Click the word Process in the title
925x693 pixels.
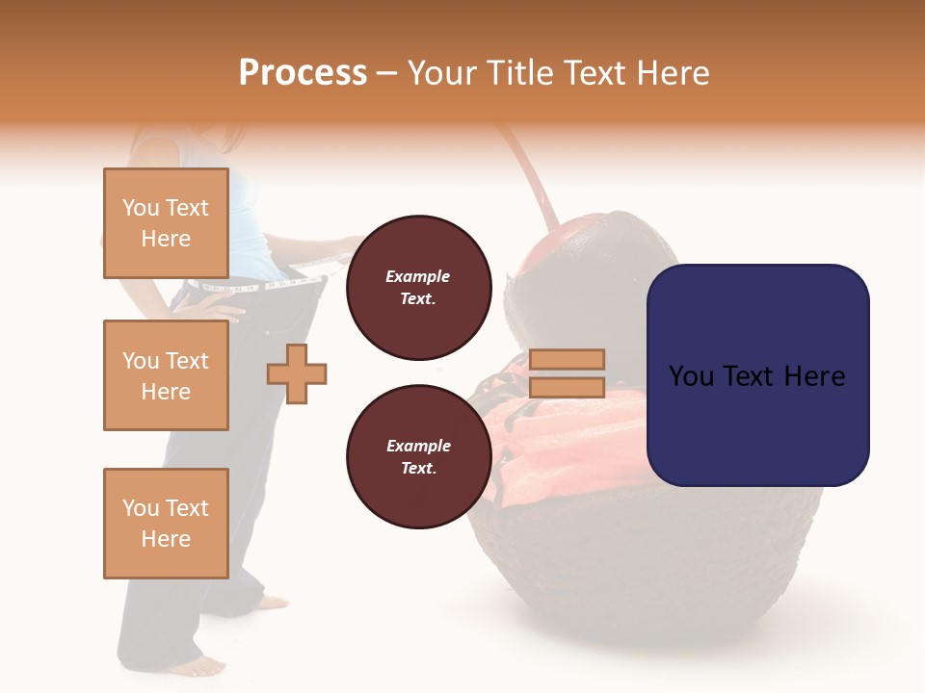(303, 73)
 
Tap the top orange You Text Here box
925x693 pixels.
(166, 223)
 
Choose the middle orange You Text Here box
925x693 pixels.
(166, 375)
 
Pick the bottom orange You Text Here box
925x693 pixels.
(166, 524)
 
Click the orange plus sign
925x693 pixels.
(297, 373)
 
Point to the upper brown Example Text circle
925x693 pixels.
(418, 288)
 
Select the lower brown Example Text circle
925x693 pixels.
(418, 457)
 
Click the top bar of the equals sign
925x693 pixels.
(567, 359)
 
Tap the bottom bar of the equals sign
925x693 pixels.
(567, 388)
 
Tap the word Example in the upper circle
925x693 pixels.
(418, 276)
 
